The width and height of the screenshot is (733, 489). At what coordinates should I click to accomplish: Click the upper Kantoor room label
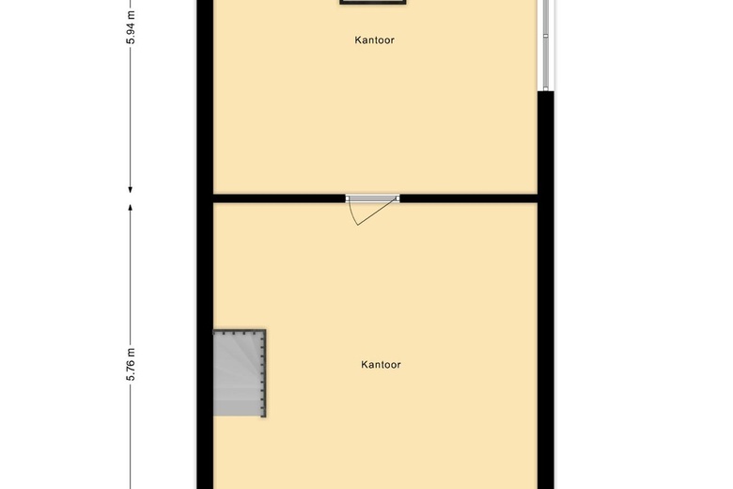(x=374, y=40)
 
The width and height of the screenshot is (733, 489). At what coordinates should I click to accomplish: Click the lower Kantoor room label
(x=381, y=364)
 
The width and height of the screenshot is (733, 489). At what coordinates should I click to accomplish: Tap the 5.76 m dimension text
(x=132, y=364)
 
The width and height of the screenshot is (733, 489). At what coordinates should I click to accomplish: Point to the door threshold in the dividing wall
(x=372, y=198)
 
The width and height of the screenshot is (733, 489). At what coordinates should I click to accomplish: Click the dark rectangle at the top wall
(x=373, y=2)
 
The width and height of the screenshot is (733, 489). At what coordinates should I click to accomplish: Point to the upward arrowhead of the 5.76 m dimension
(x=132, y=205)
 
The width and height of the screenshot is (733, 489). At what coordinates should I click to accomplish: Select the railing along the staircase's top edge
(x=239, y=332)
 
